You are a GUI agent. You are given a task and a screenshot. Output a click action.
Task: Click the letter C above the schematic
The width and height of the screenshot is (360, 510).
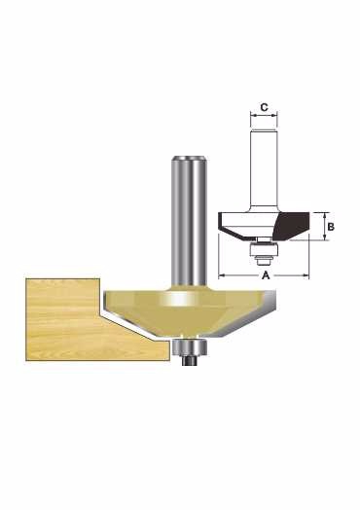click(x=264, y=107)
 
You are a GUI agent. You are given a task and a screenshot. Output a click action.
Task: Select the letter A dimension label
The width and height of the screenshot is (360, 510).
click(x=266, y=275)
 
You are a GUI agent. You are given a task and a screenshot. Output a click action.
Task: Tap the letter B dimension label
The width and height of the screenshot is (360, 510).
click(x=331, y=227)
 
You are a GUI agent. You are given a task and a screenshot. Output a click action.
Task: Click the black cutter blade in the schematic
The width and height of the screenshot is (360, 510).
click(x=291, y=226)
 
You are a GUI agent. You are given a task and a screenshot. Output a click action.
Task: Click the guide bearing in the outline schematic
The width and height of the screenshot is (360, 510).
click(x=264, y=249)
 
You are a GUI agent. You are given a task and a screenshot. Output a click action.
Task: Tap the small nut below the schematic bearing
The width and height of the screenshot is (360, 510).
click(x=264, y=260)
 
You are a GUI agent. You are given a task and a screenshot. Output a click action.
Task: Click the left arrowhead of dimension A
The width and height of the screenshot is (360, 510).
click(x=222, y=275)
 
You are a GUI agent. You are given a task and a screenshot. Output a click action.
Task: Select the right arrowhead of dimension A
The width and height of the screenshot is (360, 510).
click(x=306, y=275)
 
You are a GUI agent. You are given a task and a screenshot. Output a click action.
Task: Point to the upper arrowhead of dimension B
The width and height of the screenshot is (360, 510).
click(x=325, y=216)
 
